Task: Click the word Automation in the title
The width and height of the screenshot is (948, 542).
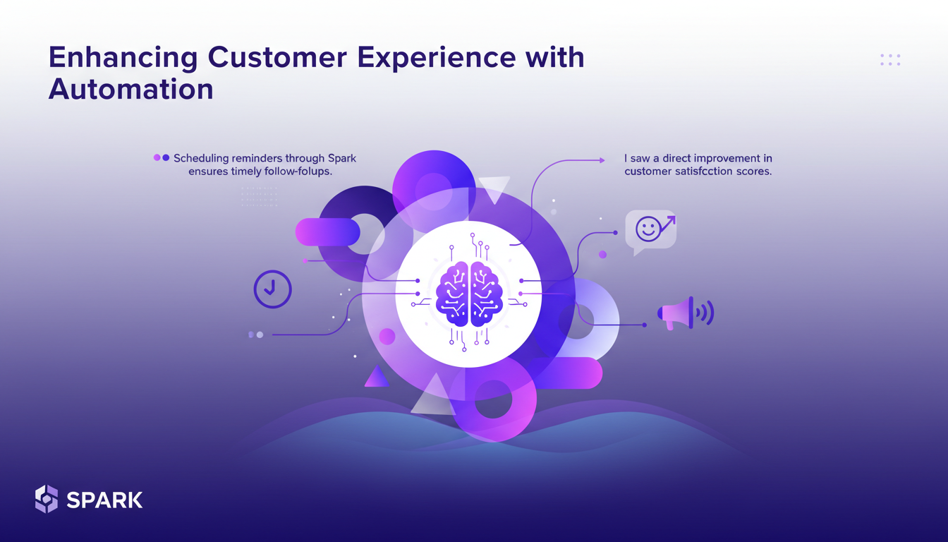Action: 130,89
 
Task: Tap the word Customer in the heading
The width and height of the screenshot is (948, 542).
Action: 277,57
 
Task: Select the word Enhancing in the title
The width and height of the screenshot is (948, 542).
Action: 123,59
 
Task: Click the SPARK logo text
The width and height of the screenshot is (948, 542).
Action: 104,500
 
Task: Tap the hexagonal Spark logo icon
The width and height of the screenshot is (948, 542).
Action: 47,499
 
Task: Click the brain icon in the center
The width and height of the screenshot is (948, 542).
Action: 469,294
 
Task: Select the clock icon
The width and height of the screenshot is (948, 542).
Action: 272,289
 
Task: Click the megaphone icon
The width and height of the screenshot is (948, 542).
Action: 686,313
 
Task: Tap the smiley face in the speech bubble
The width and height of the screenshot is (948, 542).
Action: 648,229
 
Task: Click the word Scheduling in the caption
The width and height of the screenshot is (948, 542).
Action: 201,159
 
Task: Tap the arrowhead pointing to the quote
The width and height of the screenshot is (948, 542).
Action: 602,160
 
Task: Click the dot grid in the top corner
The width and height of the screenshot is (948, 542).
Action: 890,60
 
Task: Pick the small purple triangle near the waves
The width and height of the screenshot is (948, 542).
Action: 377,376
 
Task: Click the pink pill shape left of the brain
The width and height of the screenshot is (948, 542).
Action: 327,232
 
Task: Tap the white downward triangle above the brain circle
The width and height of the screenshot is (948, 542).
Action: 494,189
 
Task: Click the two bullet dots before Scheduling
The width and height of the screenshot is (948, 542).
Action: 162,157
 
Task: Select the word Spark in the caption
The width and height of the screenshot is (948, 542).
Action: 342,159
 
